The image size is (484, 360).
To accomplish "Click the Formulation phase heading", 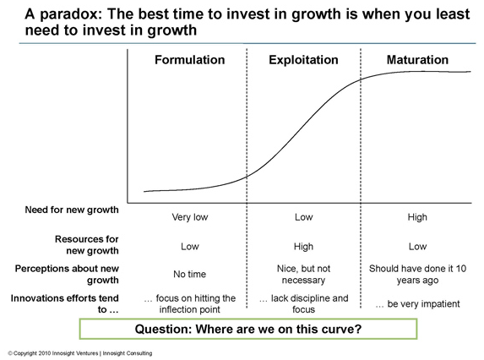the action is pyautogui.click(x=189, y=60).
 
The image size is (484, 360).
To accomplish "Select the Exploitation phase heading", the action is pyautogui.click(x=303, y=60).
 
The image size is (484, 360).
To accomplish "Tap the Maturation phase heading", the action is pyautogui.click(x=417, y=60).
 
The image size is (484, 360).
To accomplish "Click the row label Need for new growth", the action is pyautogui.click(x=72, y=210).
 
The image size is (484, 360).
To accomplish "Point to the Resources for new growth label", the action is pyautogui.click(x=87, y=245).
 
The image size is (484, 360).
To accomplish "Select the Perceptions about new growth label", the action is pyautogui.click(x=67, y=274).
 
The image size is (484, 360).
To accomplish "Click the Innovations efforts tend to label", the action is pyautogui.click(x=64, y=304).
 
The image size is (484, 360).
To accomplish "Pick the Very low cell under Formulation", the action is pyautogui.click(x=190, y=217).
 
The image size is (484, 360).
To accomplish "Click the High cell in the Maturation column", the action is pyautogui.click(x=417, y=217).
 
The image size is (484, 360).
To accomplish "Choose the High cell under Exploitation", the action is pyautogui.click(x=303, y=247).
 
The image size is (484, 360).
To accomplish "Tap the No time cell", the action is pyautogui.click(x=189, y=274).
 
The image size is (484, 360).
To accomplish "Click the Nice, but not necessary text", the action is pyautogui.click(x=303, y=274).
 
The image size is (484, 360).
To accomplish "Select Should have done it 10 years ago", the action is pyautogui.click(x=417, y=274).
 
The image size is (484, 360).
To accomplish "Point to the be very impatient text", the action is pyautogui.click(x=417, y=304).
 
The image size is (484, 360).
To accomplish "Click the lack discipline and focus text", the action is pyautogui.click(x=303, y=304).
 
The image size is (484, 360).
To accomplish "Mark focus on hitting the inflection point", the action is pyautogui.click(x=189, y=304).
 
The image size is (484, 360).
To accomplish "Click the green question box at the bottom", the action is pyautogui.click(x=248, y=329).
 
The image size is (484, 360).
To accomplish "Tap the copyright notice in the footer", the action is pyautogui.click(x=80, y=353).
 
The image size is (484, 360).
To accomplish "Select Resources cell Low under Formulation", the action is pyautogui.click(x=190, y=247).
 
